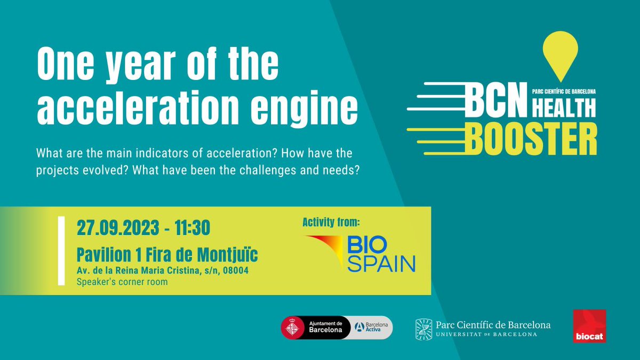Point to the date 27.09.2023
click(117, 228)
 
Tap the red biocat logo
click(589, 326)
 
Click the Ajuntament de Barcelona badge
click(315, 326)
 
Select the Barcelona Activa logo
click(372, 326)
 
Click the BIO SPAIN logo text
click(381, 254)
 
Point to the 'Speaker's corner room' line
click(122, 282)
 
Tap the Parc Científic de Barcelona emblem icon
click(423, 329)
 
